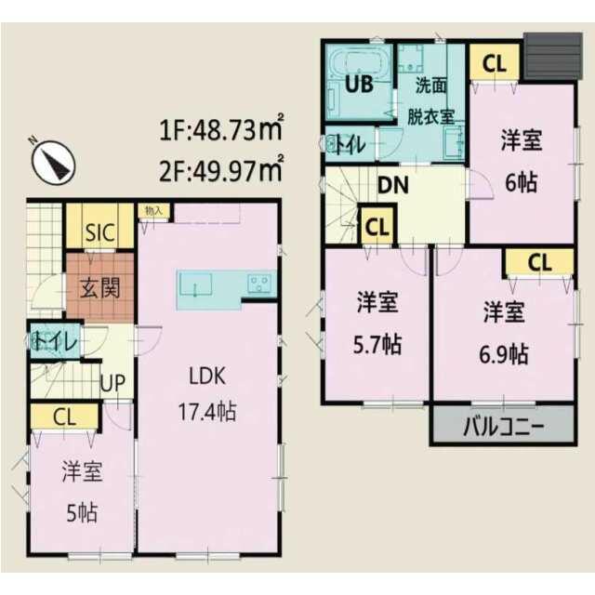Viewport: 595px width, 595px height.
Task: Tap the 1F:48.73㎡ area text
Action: tap(221, 128)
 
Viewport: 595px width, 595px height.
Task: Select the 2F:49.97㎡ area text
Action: tap(221, 169)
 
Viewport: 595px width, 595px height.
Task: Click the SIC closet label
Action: tap(99, 232)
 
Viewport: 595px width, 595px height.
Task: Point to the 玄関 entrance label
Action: tap(100, 288)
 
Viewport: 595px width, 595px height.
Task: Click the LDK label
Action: tap(207, 376)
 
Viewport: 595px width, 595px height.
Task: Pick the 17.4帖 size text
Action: tap(207, 411)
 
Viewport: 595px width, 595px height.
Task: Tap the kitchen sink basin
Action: tap(195, 283)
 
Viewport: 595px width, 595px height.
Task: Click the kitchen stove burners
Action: tap(259, 283)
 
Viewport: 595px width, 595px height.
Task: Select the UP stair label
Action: tap(112, 382)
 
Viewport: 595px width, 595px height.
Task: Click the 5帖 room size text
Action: tap(83, 513)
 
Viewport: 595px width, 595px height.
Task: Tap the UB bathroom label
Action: tap(359, 84)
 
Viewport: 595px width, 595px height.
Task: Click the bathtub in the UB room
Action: tap(360, 63)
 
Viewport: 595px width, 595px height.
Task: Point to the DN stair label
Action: tap(393, 185)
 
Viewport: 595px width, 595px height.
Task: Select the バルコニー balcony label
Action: tap(504, 427)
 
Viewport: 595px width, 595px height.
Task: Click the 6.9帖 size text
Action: tap(504, 354)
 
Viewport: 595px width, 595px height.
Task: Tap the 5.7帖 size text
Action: tap(377, 344)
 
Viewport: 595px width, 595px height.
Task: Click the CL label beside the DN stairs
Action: tap(377, 227)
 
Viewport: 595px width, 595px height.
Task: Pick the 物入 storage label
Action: tap(153, 211)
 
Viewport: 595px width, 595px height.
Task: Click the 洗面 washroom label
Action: tap(431, 86)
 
